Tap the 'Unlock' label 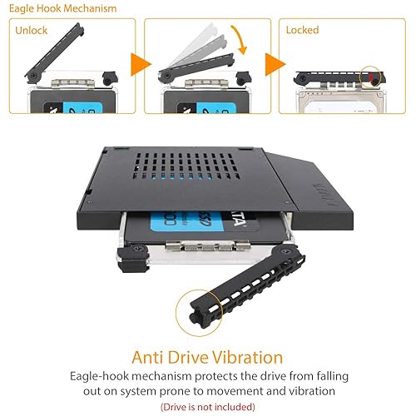click(x=31, y=30)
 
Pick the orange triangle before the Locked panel click(x=273, y=65)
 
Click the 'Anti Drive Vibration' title click(x=207, y=358)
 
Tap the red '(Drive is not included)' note click(x=207, y=406)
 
